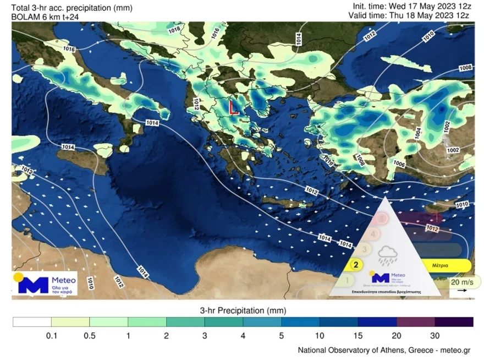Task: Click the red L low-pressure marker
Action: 233,107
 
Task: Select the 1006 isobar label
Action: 399,164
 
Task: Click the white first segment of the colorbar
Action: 32,322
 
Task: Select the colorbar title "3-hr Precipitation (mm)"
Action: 243,310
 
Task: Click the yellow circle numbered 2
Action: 356,264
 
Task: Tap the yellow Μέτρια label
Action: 439,265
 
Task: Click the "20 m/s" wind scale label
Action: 461,282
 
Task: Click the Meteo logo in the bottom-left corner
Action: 45,282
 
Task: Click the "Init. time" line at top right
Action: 410,6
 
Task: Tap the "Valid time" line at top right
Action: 408,15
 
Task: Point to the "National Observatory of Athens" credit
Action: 384,350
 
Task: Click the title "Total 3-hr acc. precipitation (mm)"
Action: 68,8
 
